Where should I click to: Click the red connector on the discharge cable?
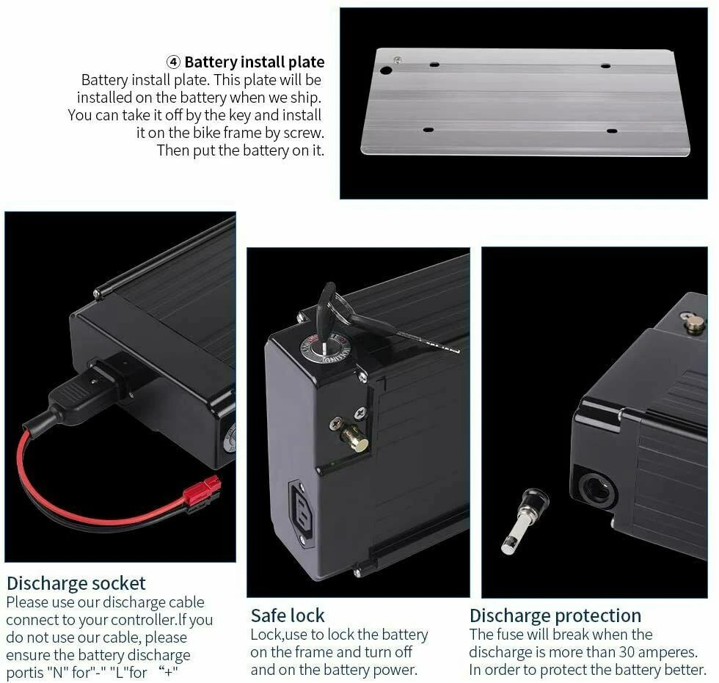tap(201, 492)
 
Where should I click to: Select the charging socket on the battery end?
tap(302, 509)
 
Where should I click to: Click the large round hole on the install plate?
tap(386, 70)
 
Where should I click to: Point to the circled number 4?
tap(173, 62)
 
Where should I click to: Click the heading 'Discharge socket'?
tap(76, 583)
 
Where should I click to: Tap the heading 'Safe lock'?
tap(288, 616)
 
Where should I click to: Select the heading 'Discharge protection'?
tap(555, 616)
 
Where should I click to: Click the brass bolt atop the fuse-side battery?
tap(694, 325)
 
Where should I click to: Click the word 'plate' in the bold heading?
tap(307, 62)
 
